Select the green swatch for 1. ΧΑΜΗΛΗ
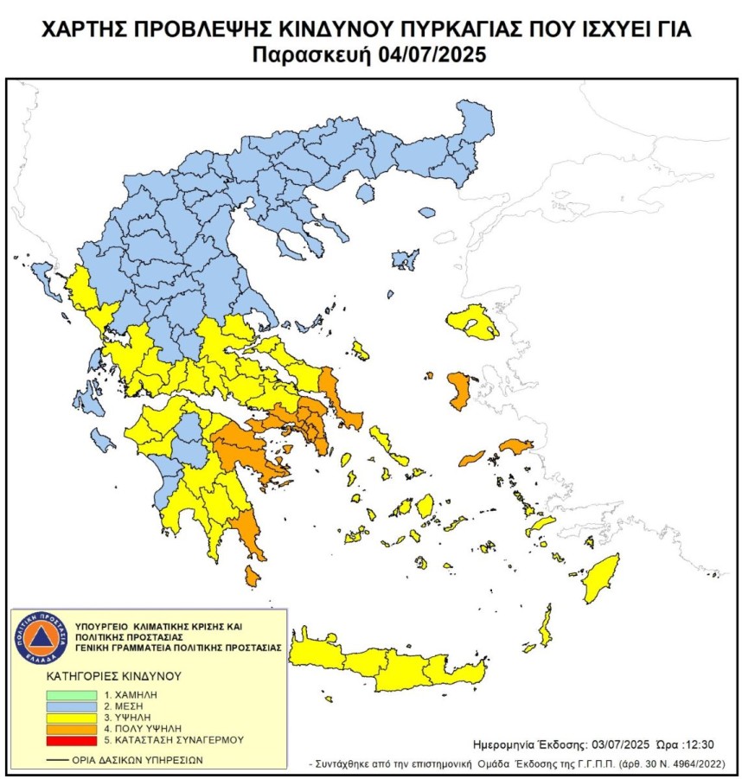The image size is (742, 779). [73, 693]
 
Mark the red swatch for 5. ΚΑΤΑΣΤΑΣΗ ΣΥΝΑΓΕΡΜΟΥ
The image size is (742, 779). [73, 739]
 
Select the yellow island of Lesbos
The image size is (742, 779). [477, 323]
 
